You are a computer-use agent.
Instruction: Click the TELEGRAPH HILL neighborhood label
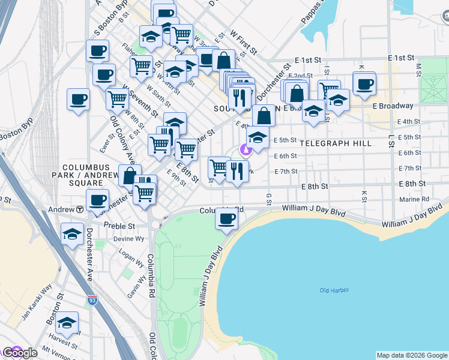(x=335, y=144)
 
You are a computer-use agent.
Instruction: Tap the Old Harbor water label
(x=334, y=290)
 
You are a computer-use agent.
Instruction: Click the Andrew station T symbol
(x=80, y=209)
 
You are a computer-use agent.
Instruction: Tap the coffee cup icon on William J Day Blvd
(x=226, y=218)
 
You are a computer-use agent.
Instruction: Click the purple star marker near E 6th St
(x=244, y=149)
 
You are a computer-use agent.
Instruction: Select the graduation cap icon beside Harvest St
(x=67, y=323)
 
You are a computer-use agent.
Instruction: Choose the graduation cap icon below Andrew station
(x=72, y=234)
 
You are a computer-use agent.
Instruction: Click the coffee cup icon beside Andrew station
(x=97, y=200)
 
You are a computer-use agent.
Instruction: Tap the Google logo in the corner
(x=19, y=353)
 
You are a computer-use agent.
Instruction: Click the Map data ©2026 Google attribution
(x=412, y=355)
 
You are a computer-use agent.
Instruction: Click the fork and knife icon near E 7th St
(x=238, y=172)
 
